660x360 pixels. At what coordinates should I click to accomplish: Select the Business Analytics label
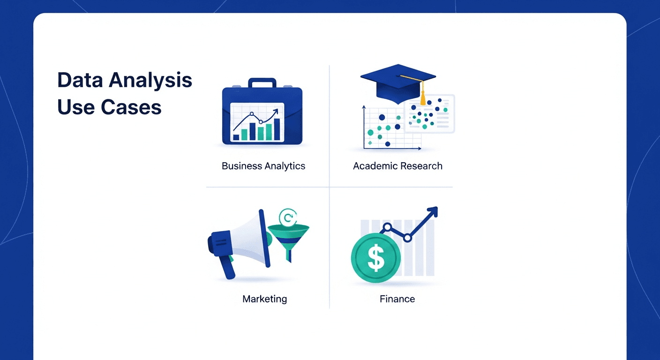263,166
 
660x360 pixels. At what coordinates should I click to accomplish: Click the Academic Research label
397,166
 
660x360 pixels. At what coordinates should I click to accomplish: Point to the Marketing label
264,299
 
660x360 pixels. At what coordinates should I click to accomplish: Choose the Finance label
397,299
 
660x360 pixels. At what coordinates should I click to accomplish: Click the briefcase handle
262,83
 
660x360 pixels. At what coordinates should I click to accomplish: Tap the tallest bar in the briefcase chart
277,129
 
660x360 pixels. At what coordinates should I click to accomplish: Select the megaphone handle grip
228,268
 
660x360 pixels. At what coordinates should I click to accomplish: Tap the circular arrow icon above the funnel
286,217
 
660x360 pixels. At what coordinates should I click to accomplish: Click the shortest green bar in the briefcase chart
236,137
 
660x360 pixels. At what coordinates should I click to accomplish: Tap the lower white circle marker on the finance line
407,238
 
